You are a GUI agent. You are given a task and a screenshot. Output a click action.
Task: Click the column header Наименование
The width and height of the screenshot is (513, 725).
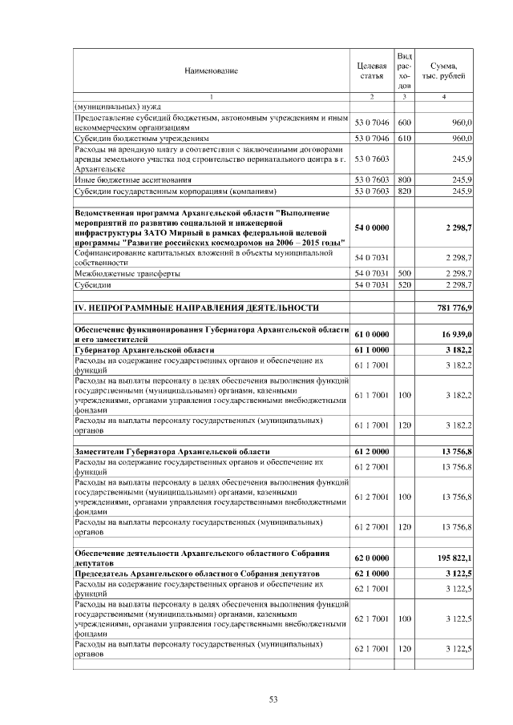click(212, 71)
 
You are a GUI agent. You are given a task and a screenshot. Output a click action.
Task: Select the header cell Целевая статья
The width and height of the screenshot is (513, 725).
click(372, 70)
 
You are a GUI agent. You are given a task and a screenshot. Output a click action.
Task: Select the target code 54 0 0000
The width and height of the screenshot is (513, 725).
click(372, 228)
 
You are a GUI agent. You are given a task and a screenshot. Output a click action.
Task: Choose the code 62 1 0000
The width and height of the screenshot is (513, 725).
click(372, 574)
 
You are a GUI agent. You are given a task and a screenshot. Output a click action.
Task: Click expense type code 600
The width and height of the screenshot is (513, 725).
click(404, 123)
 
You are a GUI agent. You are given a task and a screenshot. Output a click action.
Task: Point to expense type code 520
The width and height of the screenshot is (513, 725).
click(404, 284)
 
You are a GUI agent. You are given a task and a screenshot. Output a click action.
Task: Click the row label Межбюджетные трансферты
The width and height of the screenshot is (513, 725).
click(127, 273)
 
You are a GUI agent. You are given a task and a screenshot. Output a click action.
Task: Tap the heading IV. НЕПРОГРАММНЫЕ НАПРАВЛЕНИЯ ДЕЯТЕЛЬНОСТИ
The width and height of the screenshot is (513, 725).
click(196, 308)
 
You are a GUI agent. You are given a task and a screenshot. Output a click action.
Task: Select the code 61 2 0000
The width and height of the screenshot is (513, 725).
click(372, 452)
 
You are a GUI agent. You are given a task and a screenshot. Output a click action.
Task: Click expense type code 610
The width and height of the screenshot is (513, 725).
click(404, 138)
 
